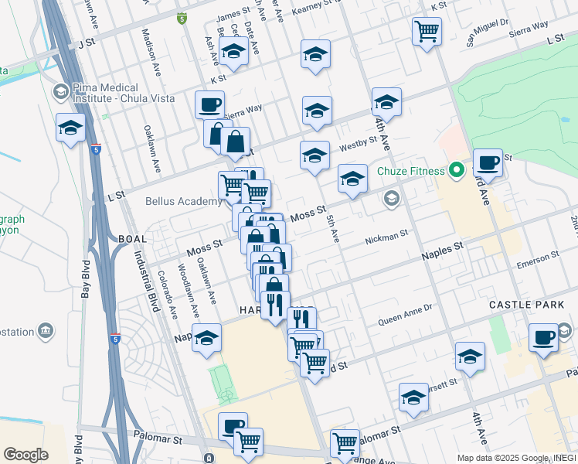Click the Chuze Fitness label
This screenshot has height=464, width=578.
coord(410,171)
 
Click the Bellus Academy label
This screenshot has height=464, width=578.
coord(184,201)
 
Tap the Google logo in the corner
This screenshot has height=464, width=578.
coord(25,455)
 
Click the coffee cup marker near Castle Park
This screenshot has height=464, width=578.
coord(544,337)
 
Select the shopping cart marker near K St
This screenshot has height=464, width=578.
coord(427,32)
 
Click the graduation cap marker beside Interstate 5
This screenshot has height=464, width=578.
coord(70,128)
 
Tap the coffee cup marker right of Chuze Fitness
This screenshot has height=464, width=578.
coord(488,163)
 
